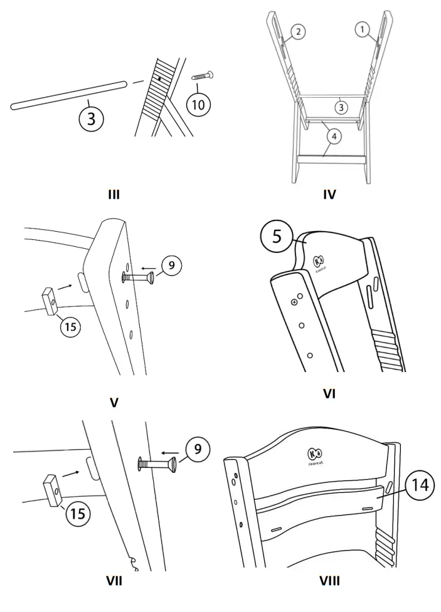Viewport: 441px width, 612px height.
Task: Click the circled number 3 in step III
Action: click(x=92, y=118)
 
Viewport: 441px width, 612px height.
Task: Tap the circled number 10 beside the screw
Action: click(x=198, y=104)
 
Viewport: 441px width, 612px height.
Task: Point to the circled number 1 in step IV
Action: click(x=362, y=28)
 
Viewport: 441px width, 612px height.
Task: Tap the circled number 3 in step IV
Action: click(x=339, y=106)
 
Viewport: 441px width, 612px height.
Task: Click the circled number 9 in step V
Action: click(x=172, y=266)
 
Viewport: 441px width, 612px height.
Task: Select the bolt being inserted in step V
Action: click(x=139, y=276)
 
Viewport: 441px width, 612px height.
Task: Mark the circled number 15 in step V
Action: click(x=70, y=326)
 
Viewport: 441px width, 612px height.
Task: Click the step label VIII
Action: click(x=329, y=581)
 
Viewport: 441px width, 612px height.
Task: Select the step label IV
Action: click(x=329, y=194)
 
